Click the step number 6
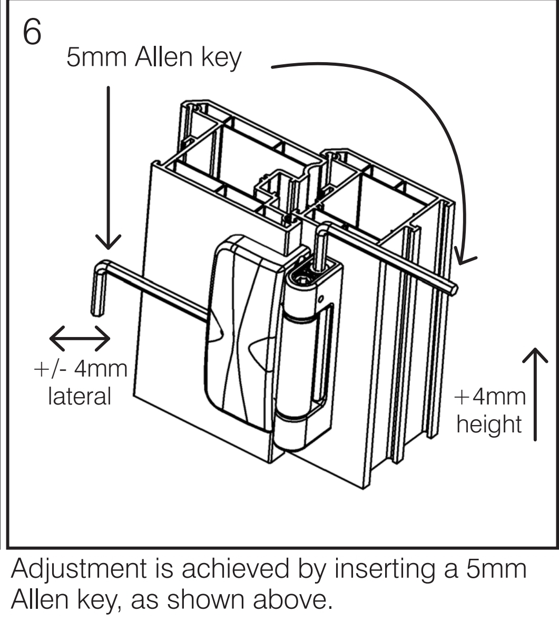(32, 31)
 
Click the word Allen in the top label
(163, 57)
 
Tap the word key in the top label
(221, 58)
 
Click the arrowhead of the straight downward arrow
(108, 242)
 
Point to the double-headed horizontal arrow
(80, 339)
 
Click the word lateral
(80, 396)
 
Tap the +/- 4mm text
(81, 369)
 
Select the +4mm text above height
(490, 397)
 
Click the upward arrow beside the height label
(535, 394)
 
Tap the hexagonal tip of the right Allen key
(454, 290)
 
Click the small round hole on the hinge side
(320, 299)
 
